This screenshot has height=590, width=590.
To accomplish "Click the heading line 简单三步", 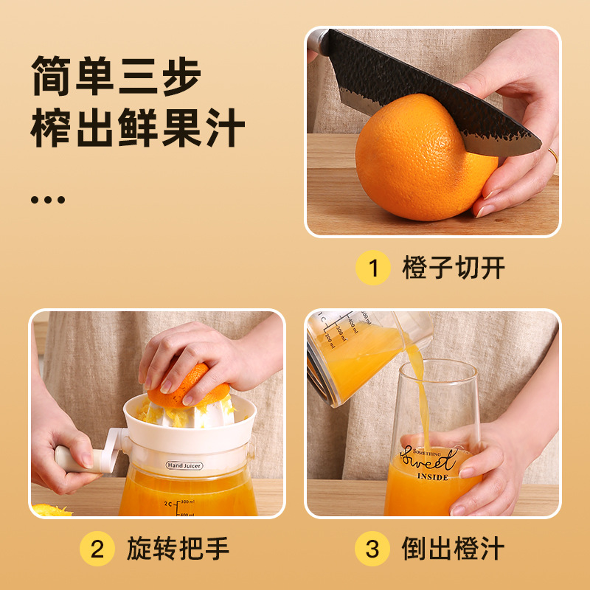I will pos(117,76).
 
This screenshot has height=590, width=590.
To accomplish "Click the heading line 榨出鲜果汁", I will pos(137,129).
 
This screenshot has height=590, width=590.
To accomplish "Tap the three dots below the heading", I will pos(49,199).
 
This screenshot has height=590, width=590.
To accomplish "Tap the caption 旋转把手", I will pos(178,549).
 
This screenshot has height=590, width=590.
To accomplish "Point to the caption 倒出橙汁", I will pos(453,549).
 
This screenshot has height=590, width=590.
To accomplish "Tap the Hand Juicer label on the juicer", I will pos(184,465).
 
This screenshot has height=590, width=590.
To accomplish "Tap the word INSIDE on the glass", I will pos(432,476).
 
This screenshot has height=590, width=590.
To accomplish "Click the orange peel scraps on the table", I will pos(49,510).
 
